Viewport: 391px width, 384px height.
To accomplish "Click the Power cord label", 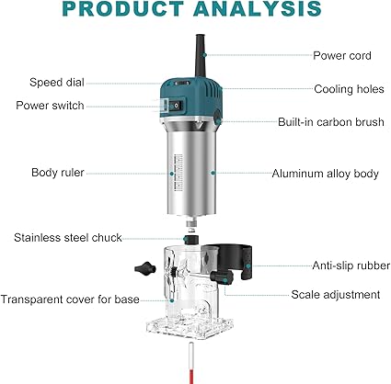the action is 342,56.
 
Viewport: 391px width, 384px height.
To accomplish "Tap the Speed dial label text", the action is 57,83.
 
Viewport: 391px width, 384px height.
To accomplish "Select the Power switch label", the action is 50,106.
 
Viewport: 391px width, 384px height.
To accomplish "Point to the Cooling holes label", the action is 349,89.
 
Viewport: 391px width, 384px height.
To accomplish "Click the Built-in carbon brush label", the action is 331,122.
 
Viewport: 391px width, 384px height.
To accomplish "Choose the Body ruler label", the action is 58,173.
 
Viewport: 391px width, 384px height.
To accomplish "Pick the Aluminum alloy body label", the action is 325,174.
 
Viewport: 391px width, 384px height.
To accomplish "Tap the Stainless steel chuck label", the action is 68,238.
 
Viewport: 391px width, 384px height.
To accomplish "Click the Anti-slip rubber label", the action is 351,265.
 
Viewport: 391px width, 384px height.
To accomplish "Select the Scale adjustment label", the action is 336,295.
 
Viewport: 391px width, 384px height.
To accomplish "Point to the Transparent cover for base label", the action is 70,299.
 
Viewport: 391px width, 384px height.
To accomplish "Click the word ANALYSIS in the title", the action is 258,9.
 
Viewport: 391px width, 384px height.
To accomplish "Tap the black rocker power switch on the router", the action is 176,106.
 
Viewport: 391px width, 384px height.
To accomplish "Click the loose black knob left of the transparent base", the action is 145,268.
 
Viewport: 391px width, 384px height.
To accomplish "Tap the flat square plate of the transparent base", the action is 190,327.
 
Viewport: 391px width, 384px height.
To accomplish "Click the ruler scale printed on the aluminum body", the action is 178,173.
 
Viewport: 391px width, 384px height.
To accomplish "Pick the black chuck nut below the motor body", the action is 190,239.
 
